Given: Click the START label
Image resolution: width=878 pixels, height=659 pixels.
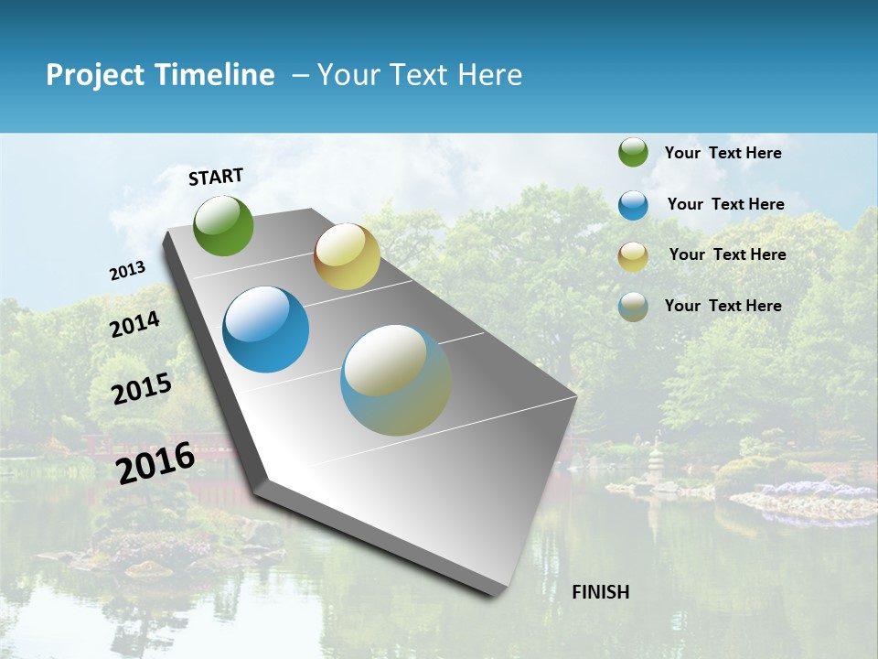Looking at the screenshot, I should (x=216, y=177).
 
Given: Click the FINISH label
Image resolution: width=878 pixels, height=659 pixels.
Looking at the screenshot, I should (x=601, y=592).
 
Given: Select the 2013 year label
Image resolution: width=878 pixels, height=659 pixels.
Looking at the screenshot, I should (x=127, y=271).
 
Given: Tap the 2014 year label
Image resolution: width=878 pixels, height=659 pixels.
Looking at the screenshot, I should (x=134, y=324).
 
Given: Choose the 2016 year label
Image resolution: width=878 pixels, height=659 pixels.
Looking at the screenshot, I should (x=155, y=462).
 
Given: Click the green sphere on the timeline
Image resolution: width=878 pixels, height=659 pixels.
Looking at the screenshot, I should (x=223, y=225).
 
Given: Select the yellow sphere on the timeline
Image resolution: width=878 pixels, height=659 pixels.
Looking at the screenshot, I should (x=347, y=256).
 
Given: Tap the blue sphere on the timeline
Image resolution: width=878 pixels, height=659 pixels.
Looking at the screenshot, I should (x=265, y=329).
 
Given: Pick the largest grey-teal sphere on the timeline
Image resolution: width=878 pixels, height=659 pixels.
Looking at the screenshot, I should (x=396, y=379).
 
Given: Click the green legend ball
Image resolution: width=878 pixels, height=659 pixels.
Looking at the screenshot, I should (x=633, y=153).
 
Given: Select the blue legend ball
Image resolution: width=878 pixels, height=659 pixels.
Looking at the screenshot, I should (x=633, y=205).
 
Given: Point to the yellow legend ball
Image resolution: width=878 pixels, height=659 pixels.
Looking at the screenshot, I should (x=633, y=256).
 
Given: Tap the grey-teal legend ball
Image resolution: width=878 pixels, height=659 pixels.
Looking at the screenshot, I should (x=633, y=307).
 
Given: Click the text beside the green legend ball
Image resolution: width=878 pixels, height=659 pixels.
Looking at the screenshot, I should (x=723, y=153).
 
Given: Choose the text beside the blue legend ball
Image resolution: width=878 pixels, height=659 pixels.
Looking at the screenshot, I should (x=725, y=204).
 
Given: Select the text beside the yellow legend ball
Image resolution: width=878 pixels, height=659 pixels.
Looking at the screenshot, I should (x=727, y=254).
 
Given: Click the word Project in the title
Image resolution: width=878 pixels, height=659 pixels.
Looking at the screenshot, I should (x=96, y=75).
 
